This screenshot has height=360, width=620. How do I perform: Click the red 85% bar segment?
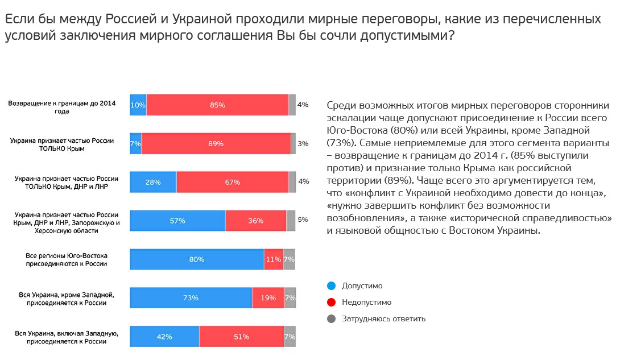(217, 105)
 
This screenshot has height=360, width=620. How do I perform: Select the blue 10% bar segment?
(138, 105)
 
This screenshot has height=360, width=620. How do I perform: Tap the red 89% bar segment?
(216, 143)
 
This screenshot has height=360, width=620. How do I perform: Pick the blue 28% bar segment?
(153, 182)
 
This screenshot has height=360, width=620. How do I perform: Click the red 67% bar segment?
(232, 182)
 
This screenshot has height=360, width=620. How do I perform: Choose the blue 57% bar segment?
(177, 221)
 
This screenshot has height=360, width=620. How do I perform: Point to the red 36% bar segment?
(256, 221)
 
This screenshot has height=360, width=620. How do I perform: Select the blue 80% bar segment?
(197, 259)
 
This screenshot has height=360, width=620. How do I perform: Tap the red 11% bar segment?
(274, 259)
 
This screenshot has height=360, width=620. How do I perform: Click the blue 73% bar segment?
(191, 298)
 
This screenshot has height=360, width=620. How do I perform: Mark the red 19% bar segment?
(268, 298)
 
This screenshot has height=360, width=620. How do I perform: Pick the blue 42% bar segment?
(164, 337)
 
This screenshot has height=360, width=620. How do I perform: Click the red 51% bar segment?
(241, 337)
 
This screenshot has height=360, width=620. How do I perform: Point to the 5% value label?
(303, 220)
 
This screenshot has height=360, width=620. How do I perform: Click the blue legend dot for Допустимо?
(332, 285)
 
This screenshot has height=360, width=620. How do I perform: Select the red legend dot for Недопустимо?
(332, 302)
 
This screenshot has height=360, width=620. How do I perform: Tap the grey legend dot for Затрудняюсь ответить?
(332, 318)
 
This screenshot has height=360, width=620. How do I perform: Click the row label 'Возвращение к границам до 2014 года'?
(61, 107)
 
